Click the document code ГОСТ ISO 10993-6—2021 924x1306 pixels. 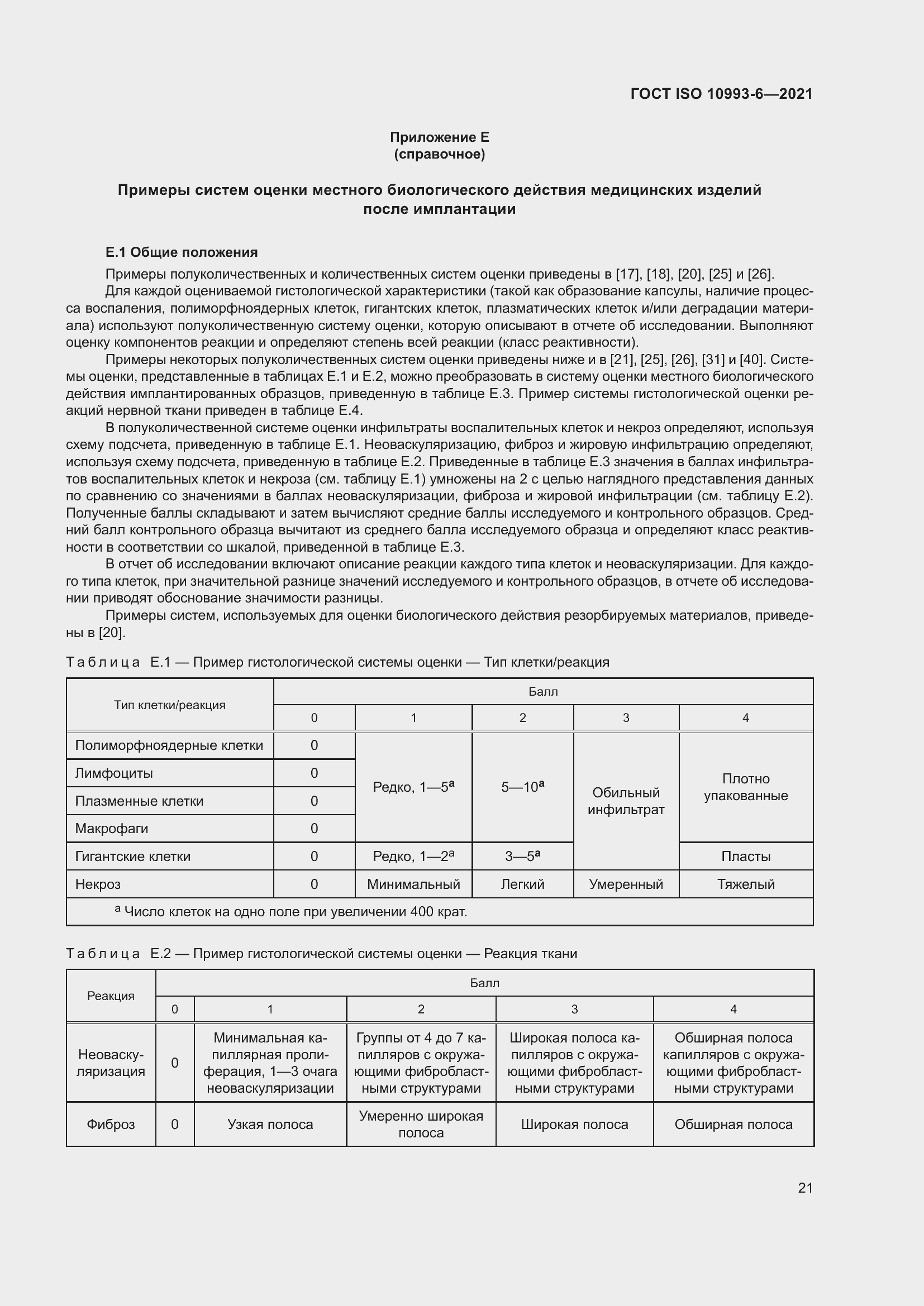(721, 94)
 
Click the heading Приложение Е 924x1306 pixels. (439, 137)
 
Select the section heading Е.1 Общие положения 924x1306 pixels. (182, 252)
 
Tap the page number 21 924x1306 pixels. (805, 1188)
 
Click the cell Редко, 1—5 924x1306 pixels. (413, 787)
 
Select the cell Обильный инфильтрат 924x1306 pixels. (626, 801)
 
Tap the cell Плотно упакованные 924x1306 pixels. (745, 787)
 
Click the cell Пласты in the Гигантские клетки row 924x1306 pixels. (745, 856)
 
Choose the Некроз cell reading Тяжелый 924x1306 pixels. (745, 884)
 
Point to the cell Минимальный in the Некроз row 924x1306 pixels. (413, 884)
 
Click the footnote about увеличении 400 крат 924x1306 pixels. (291, 912)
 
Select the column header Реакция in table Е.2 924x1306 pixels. (111, 996)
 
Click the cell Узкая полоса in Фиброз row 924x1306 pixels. (270, 1124)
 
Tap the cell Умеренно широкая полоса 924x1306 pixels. (421, 1124)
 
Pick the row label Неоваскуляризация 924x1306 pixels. (111, 1063)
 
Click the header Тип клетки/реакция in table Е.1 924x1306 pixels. (170, 705)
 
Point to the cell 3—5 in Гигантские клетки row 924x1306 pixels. (522, 856)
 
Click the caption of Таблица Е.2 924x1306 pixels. (321, 953)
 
